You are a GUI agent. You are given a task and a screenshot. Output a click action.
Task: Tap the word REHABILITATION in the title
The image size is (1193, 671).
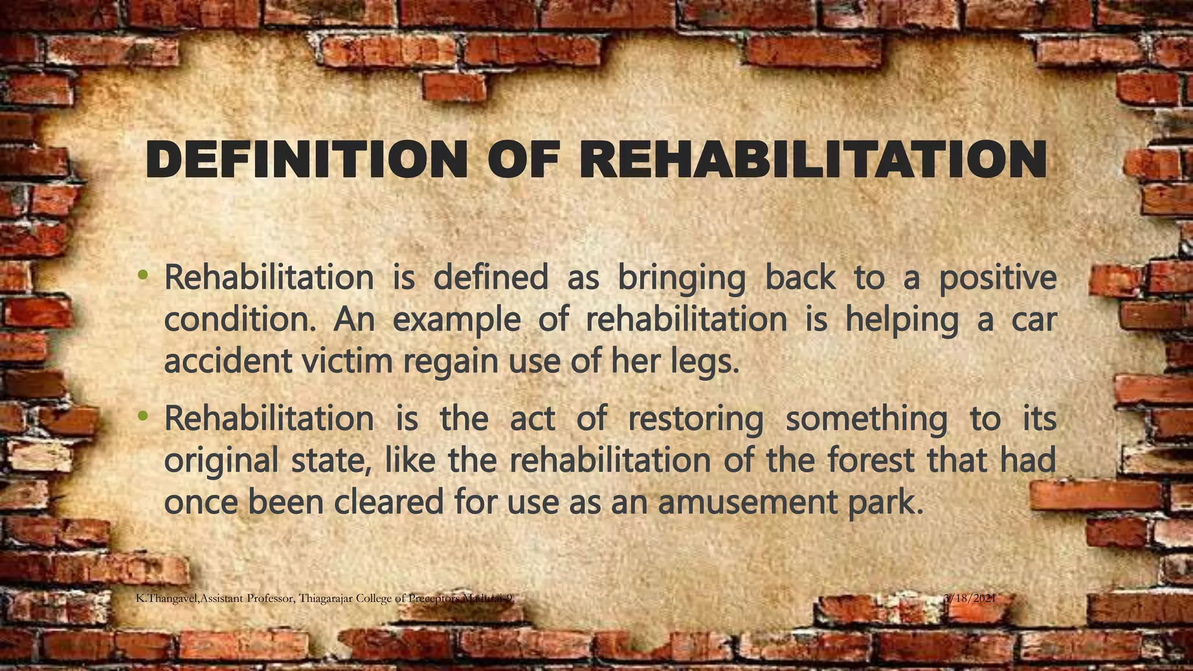(x=813, y=160)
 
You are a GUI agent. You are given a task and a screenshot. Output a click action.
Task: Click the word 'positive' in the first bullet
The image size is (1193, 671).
(x=997, y=278)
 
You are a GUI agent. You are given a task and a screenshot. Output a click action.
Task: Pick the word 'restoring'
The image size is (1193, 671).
(x=695, y=419)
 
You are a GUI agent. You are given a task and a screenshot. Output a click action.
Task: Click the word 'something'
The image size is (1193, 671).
(x=866, y=419)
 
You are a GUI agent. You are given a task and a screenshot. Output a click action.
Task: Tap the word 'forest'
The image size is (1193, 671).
(x=870, y=460)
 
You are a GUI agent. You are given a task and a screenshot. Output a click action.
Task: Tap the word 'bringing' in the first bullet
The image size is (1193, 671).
(x=681, y=278)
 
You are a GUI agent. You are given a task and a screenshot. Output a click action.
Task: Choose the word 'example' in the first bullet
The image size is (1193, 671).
(x=456, y=321)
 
